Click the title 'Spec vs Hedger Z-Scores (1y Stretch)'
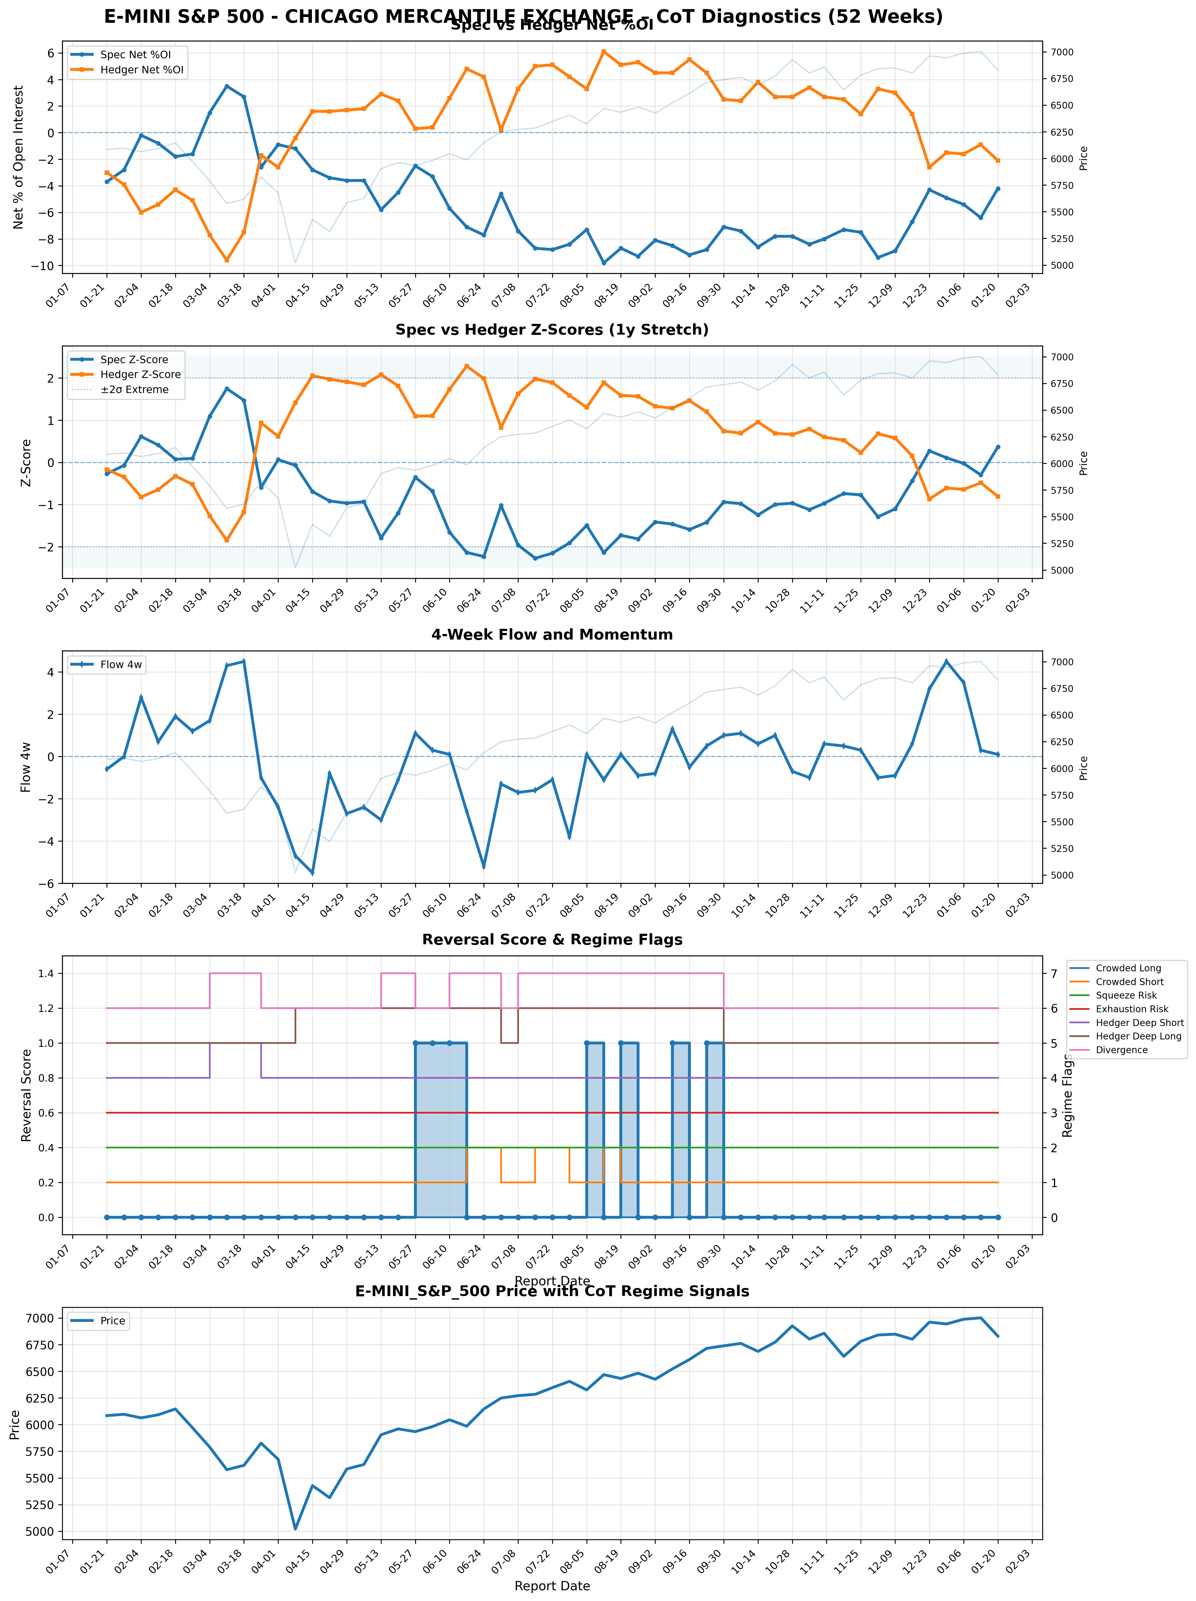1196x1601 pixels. coord(552,330)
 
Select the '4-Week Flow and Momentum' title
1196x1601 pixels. coord(552,635)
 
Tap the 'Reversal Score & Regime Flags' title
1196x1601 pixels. coord(552,940)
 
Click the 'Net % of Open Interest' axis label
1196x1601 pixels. coord(19,157)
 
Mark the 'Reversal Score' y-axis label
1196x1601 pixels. coord(27,1095)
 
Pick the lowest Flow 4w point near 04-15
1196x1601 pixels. coord(312,873)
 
